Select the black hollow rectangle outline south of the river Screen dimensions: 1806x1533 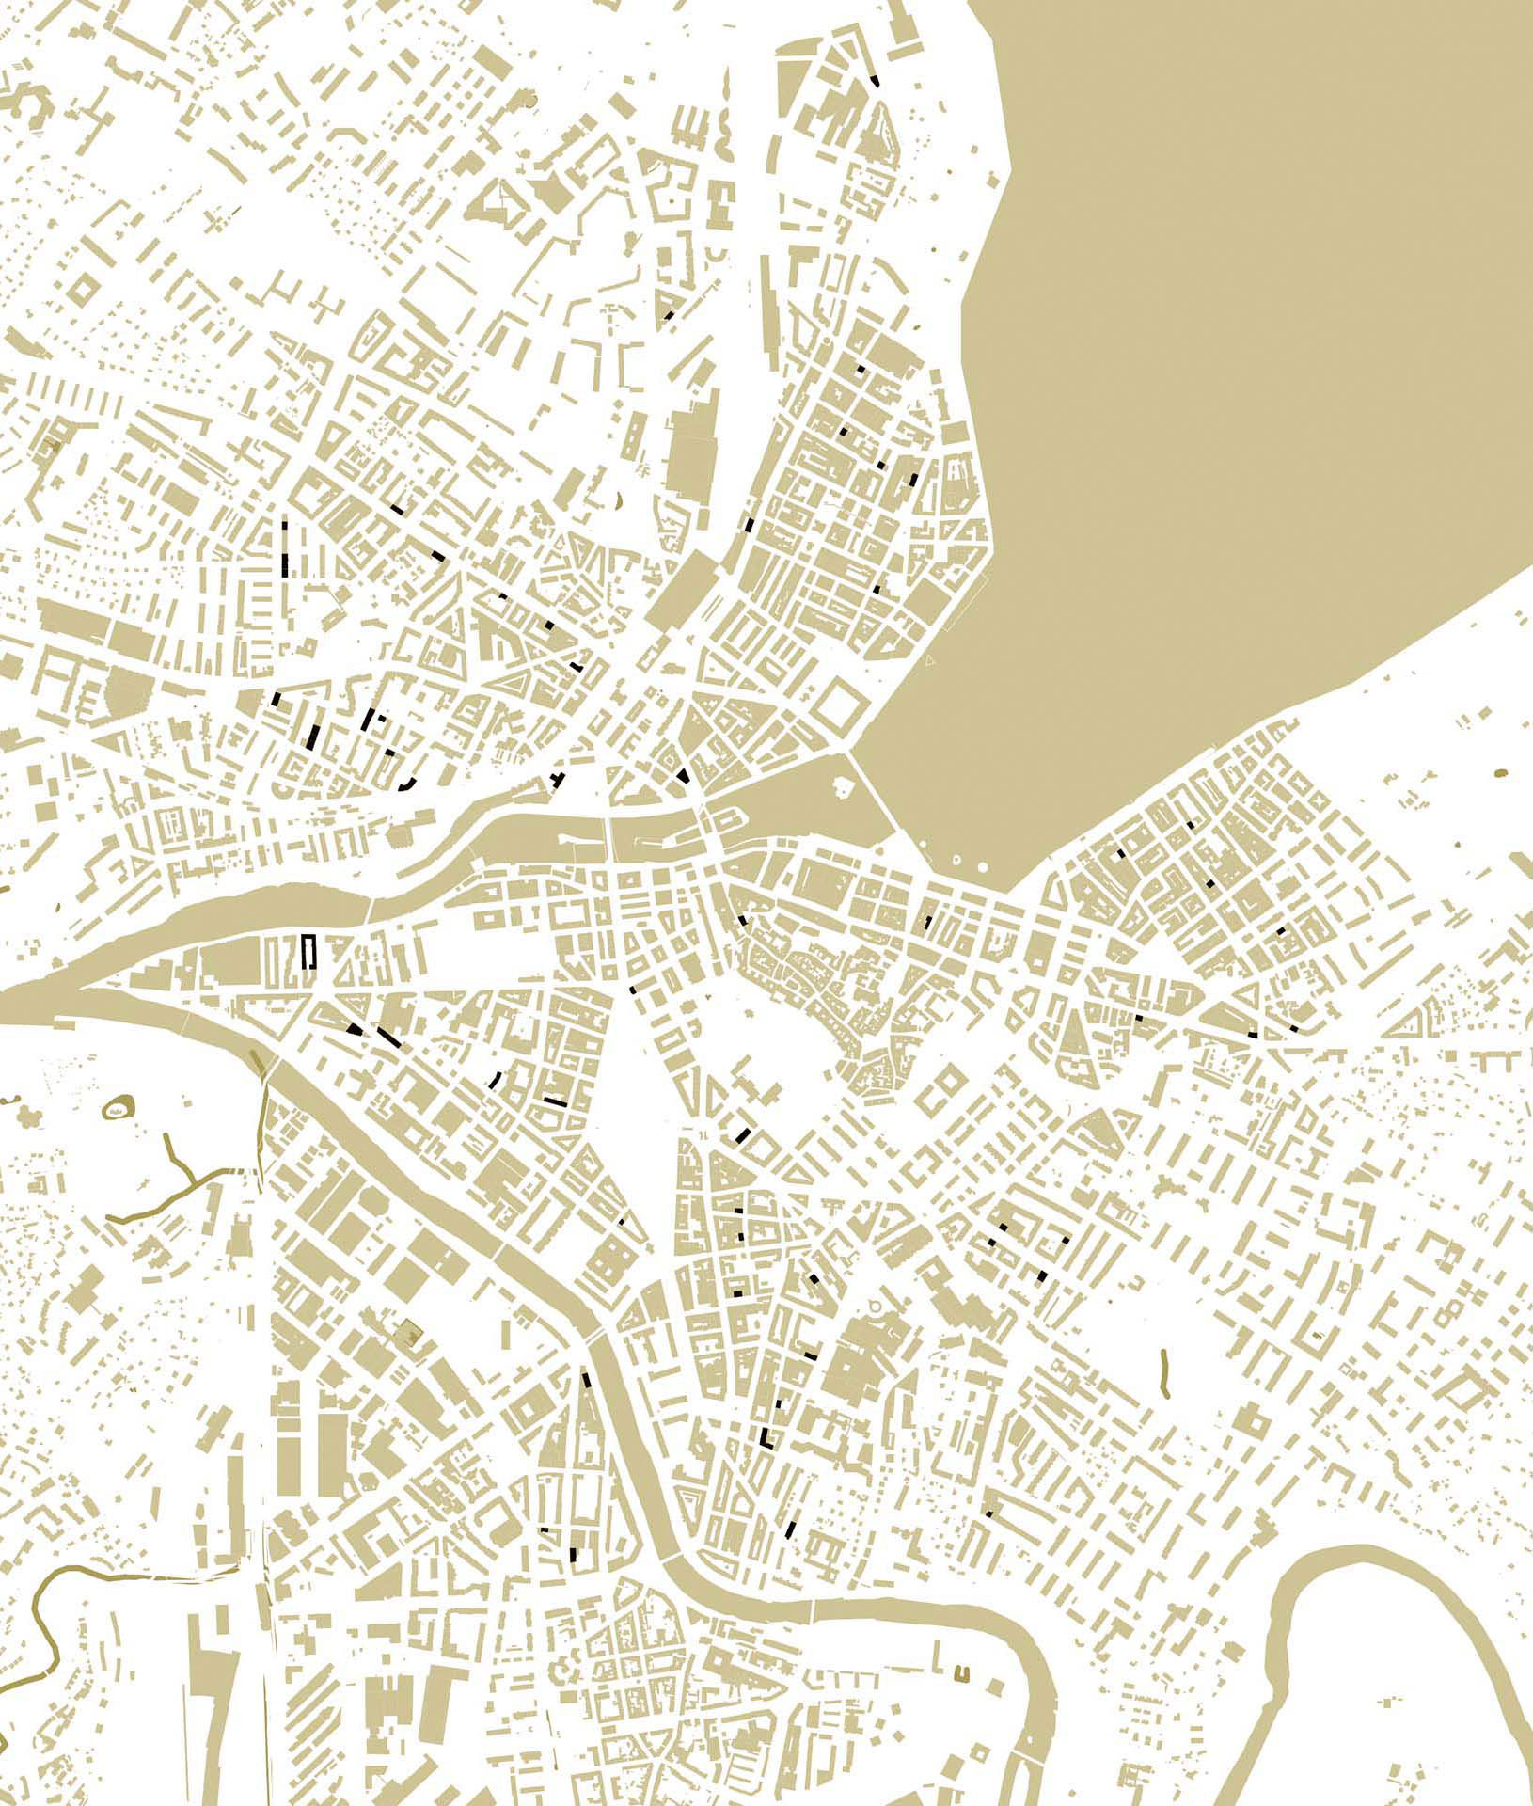coord(308,951)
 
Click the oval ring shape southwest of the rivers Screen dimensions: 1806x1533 coord(118,1110)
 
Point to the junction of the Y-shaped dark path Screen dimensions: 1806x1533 coord(191,1178)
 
